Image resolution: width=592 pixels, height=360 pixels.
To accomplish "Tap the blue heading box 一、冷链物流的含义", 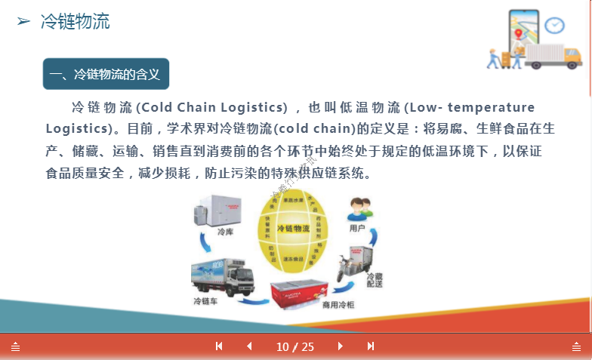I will [106, 74].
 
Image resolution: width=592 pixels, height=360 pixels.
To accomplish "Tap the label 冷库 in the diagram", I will [225, 232].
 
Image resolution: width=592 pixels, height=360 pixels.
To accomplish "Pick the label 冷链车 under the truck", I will [205, 302].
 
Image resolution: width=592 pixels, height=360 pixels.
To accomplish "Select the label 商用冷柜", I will [338, 305].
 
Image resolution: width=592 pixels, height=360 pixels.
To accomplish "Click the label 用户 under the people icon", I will [357, 227].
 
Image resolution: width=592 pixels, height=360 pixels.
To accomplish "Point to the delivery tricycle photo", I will [351, 264].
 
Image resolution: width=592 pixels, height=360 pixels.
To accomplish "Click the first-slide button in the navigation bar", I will [219, 346].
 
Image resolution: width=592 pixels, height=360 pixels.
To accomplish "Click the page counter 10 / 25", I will [295, 347].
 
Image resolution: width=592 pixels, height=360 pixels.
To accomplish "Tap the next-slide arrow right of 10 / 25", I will [340, 346].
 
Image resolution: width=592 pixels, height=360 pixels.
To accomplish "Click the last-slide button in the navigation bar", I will [371, 346].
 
